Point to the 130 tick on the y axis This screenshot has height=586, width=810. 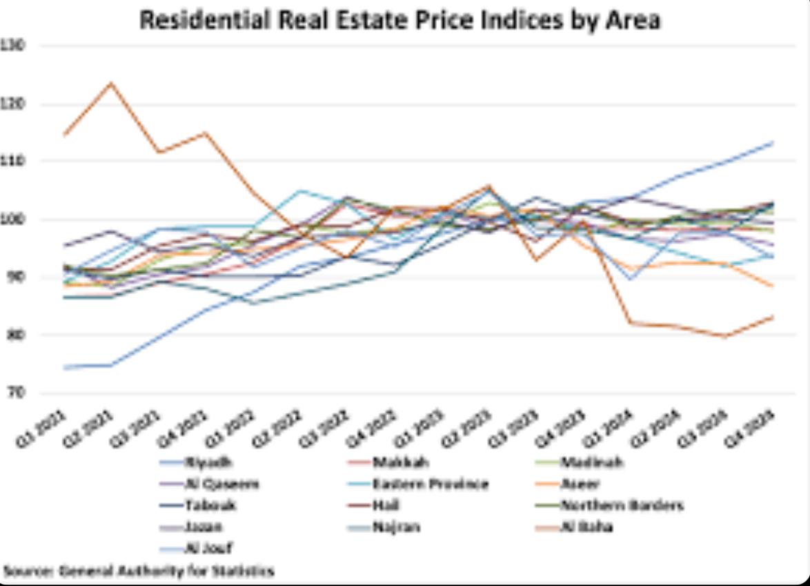[x=16, y=46]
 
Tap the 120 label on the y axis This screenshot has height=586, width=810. [x=16, y=105]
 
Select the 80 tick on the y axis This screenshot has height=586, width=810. [x=16, y=335]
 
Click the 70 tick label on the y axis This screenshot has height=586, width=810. [x=16, y=393]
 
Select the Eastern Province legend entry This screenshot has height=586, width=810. [x=430, y=484]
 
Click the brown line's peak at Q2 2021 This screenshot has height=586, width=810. [x=111, y=84]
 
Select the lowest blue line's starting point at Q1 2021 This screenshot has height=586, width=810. [x=63, y=368]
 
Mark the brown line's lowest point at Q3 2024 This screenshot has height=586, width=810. [x=725, y=337]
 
